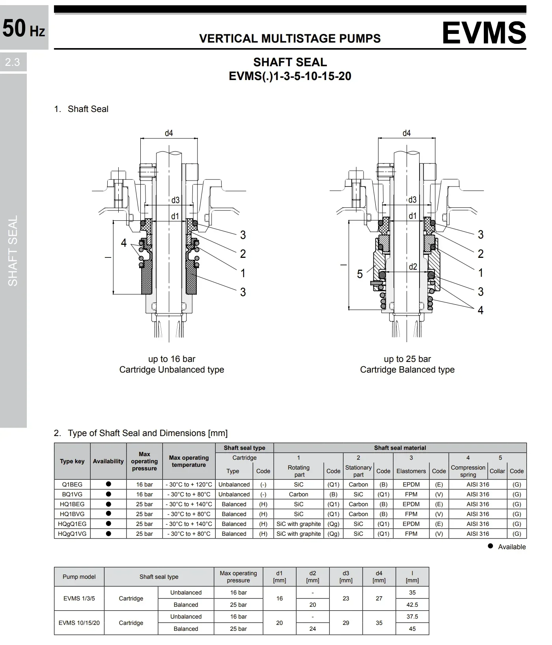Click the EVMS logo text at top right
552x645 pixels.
click(x=484, y=32)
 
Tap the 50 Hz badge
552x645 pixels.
click(x=24, y=28)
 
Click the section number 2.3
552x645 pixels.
click(x=13, y=62)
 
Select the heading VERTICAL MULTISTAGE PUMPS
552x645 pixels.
click(x=290, y=39)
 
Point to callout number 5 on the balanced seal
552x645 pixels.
click(x=360, y=274)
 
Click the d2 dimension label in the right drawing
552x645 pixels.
click(x=412, y=267)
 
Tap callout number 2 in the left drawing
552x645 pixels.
click(x=243, y=254)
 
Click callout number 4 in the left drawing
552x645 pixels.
click(x=124, y=243)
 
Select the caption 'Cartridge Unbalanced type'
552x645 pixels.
click(x=172, y=370)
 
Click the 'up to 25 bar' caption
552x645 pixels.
click(x=407, y=359)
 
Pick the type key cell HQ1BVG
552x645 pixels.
click(x=72, y=514)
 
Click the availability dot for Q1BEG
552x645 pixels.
click(x=108, y=484)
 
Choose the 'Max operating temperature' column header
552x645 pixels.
click(x=189, y=461)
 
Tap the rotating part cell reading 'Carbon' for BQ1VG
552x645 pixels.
click(x=298, y=494)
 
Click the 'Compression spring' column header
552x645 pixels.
click(x=468, y=471)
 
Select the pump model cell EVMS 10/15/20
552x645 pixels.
click(x=79, y=623)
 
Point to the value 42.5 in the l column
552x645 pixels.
click(x=412, y=605)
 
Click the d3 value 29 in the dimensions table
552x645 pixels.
click(x=346, y=623)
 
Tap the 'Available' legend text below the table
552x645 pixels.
click(x=512, y=547)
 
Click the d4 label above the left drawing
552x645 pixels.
click(x=169, y=133)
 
